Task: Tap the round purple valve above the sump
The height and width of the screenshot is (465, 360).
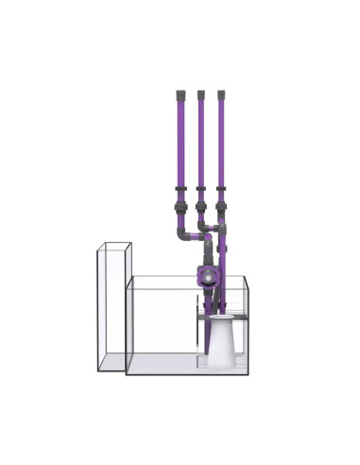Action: tap(204, 278)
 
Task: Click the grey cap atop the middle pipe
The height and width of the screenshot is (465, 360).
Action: tap(200, 95)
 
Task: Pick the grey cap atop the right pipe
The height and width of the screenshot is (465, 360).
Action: tap(221, 95)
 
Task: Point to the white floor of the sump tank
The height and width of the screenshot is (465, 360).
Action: tap(161, 366)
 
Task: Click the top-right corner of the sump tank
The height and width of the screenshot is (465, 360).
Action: tap(248, 277)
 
